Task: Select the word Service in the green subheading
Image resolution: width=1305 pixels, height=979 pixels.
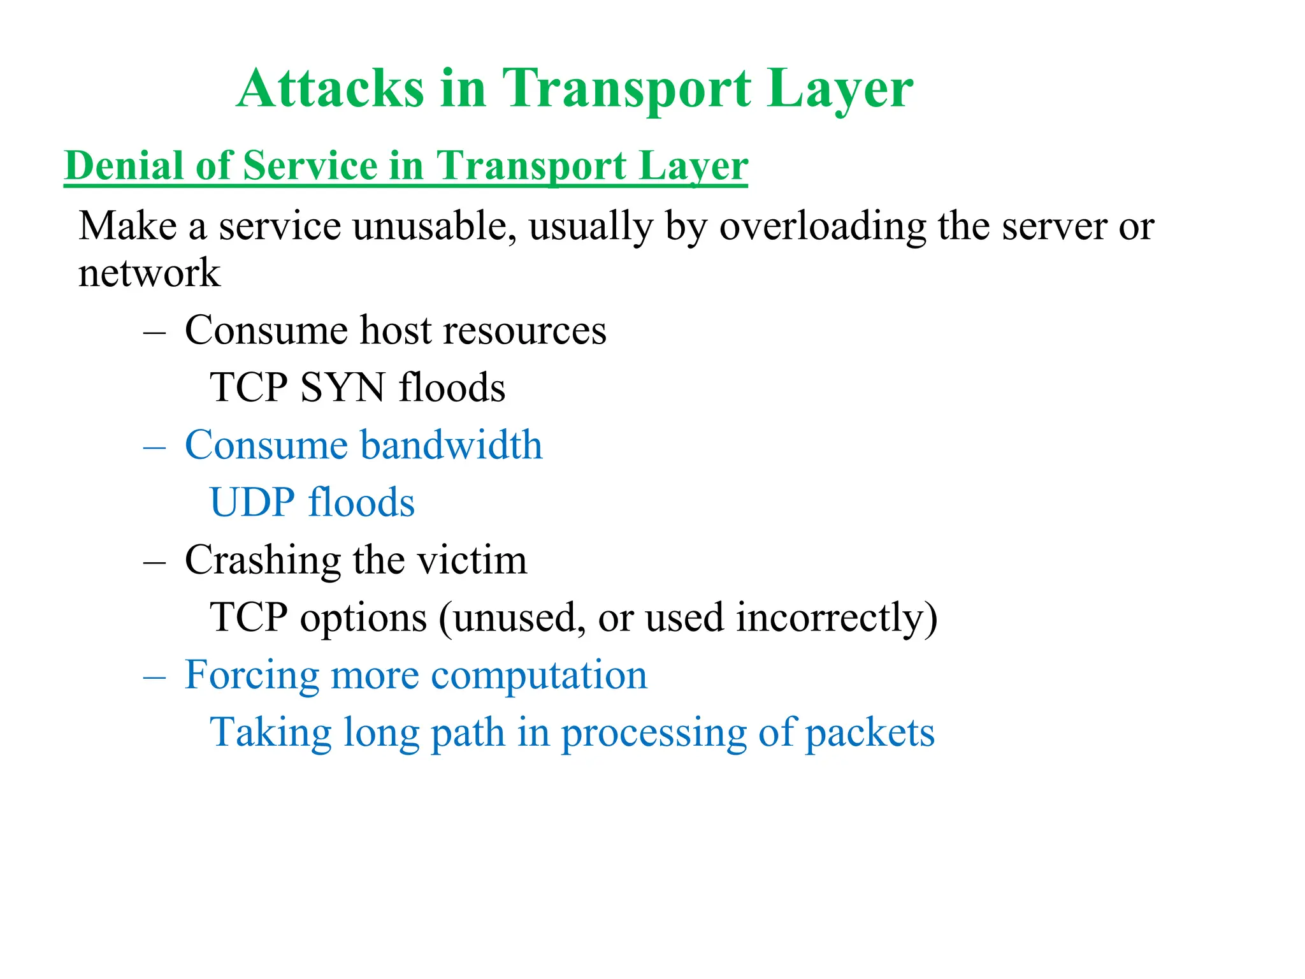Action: [x=310, y=166]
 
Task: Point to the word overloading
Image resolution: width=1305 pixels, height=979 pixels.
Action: [x=823, y=227]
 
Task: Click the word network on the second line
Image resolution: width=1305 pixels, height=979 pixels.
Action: [x=149, y=273]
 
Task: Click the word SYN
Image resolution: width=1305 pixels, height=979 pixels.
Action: [x=343, y=388]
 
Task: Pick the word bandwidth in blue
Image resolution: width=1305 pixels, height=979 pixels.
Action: [x=452, y=444]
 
